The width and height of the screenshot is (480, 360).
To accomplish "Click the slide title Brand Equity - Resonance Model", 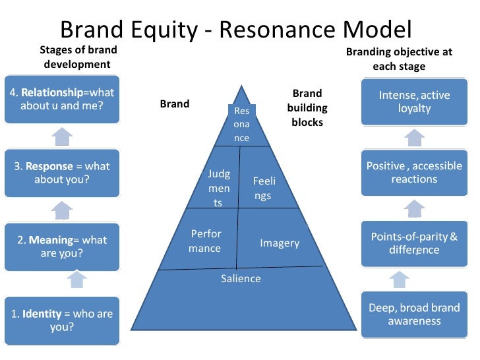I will coord(235,30).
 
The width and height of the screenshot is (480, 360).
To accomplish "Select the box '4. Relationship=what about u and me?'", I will coord(62,100).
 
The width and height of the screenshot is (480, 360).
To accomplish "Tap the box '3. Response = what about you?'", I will coord(62,173).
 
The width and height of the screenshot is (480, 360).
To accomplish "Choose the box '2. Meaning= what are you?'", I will coord(62,247).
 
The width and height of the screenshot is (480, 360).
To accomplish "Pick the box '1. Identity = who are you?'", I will coord(62,320).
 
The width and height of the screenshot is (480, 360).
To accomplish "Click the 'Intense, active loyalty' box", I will coord(414,102).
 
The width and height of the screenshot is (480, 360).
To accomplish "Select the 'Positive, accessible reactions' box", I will coord(414,173).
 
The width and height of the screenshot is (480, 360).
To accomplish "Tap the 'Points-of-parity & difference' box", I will coord(414,243).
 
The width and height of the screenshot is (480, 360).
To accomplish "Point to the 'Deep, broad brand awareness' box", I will coord(414,315).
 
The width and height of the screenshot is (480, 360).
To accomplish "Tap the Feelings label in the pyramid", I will coord(263,188).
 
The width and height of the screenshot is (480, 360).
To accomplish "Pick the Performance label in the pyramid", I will coord(206,241).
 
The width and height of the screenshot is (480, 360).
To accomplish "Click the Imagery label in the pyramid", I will coord(280,243).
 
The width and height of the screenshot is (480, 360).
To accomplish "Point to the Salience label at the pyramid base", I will coord(241,278).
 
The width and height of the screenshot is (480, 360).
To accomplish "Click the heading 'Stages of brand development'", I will coord(78,57).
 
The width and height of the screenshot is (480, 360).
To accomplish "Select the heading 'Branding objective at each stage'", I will coord(399,59).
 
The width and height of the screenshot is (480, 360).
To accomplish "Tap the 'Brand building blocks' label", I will coord(307,108).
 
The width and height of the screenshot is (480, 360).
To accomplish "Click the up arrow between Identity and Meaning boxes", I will coord(77,280).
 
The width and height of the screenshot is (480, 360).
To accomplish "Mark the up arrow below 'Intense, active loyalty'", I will coord(414,137).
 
